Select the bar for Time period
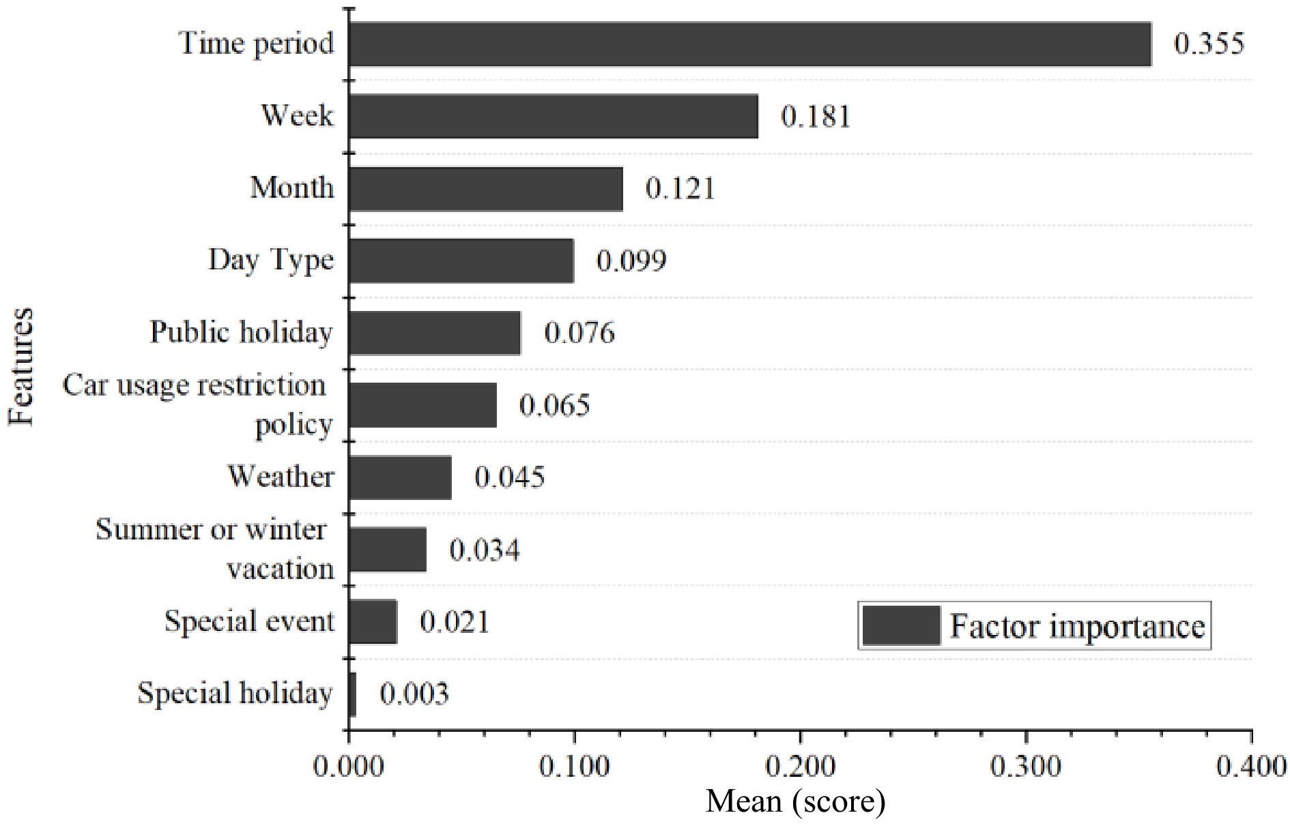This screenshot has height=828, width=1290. click(x=749, y=44)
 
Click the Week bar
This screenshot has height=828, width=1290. click(x=553, y=116)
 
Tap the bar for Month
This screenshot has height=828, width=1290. click(x=485, y=188)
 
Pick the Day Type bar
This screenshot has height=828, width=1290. click(x=461, y=261)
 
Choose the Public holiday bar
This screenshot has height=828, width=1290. click(x=434, y=333)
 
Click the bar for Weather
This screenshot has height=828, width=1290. click(x=399, y=477)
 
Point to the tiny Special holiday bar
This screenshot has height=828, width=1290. click(x=352, y=694)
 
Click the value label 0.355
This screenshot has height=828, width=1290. click(x=1209, y=44)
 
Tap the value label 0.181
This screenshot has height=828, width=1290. click(x=816, y=117)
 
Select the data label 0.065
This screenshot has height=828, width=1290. click(x=554, y=406)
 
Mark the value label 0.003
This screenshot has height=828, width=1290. click(x=414, y=694)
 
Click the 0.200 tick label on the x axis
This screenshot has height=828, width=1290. click(x=799, y=767)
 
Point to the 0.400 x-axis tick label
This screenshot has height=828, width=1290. click(x=1251, y=767)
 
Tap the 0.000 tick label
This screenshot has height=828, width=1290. click(x=349, y=767)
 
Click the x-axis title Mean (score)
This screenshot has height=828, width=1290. click(x=795, y=801)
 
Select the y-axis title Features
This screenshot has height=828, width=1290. click(x=22, y=367)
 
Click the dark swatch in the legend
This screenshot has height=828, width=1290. click(x=901, y=625)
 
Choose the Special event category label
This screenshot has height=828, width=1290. click(x=249, y=621)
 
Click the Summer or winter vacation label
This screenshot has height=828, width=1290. click(x=213, y=549)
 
